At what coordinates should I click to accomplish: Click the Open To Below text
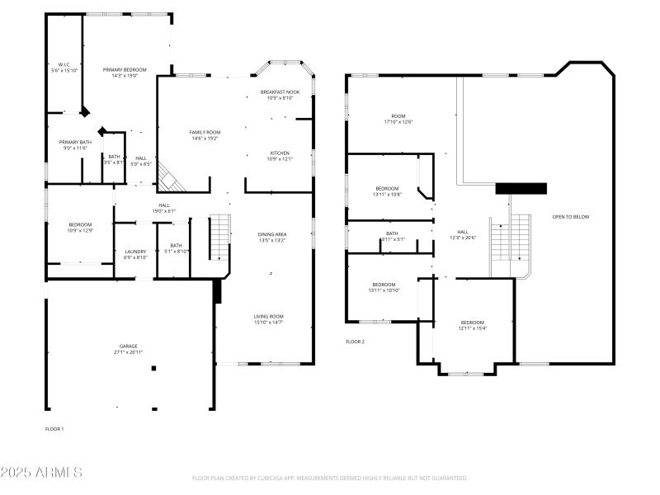pyautogui.click(x=571, y=216)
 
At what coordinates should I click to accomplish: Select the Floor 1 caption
pyautogui.click(x=54, y=428)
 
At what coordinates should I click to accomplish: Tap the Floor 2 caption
pyautogui.click(x=355, y=341)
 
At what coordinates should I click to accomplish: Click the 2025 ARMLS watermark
pyautogui.click(x=41, y=473)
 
